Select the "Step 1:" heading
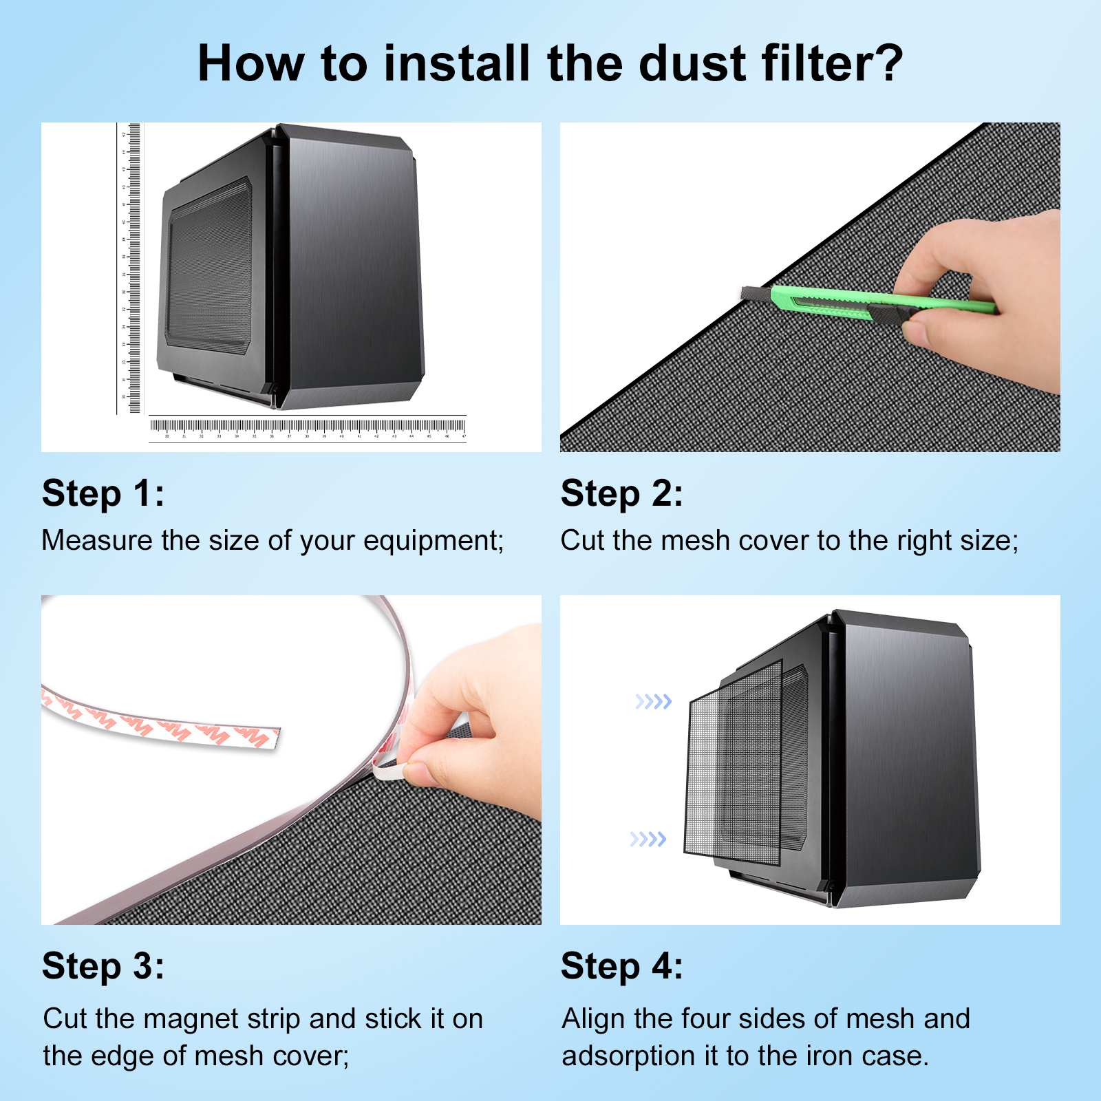pos(103,494)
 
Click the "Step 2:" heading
pos(622,494)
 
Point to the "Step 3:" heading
pos(103,967)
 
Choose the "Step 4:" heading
pos(622,967)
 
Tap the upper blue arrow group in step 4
pos(653,702)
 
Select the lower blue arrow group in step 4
pos(648,840)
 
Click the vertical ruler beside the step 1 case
pos(129,268)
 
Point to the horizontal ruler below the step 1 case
pos(308,428)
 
